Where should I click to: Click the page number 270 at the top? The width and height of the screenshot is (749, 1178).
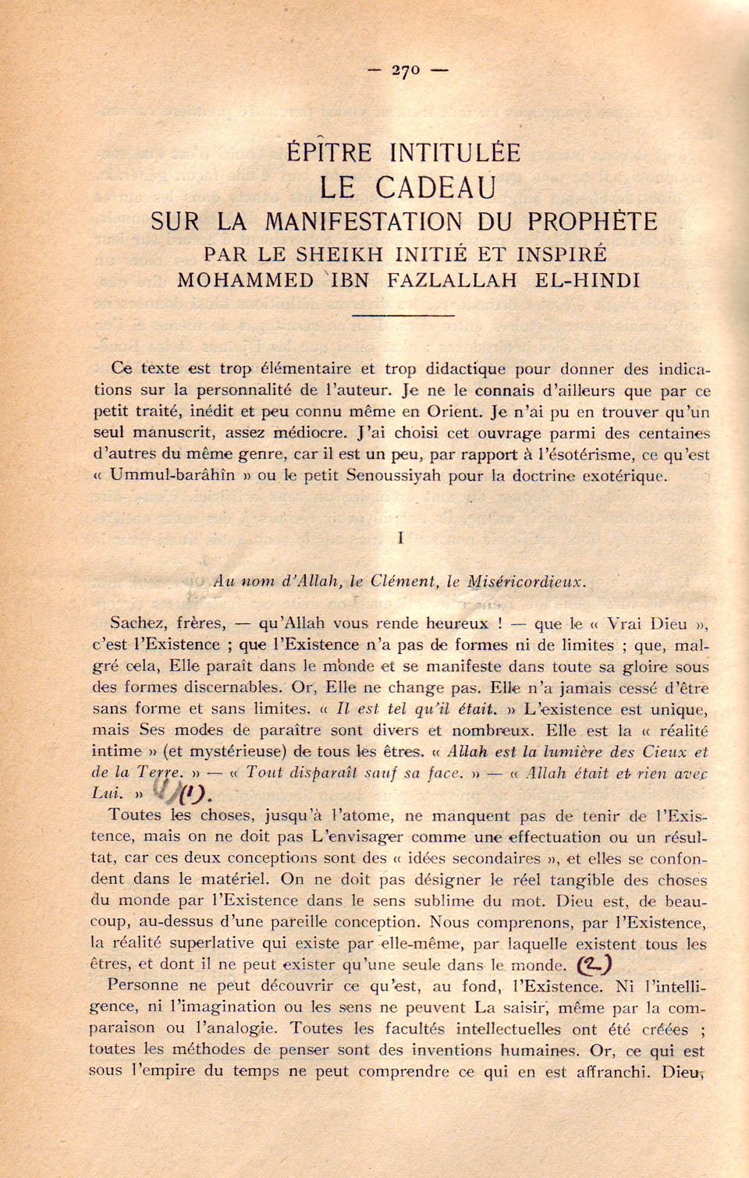click(406, 70)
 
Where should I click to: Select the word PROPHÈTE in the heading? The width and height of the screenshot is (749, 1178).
click(592, 222)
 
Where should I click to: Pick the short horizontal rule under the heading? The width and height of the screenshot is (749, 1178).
click(403, 315)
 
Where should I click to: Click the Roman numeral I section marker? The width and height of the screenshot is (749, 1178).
click(400, 538)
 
